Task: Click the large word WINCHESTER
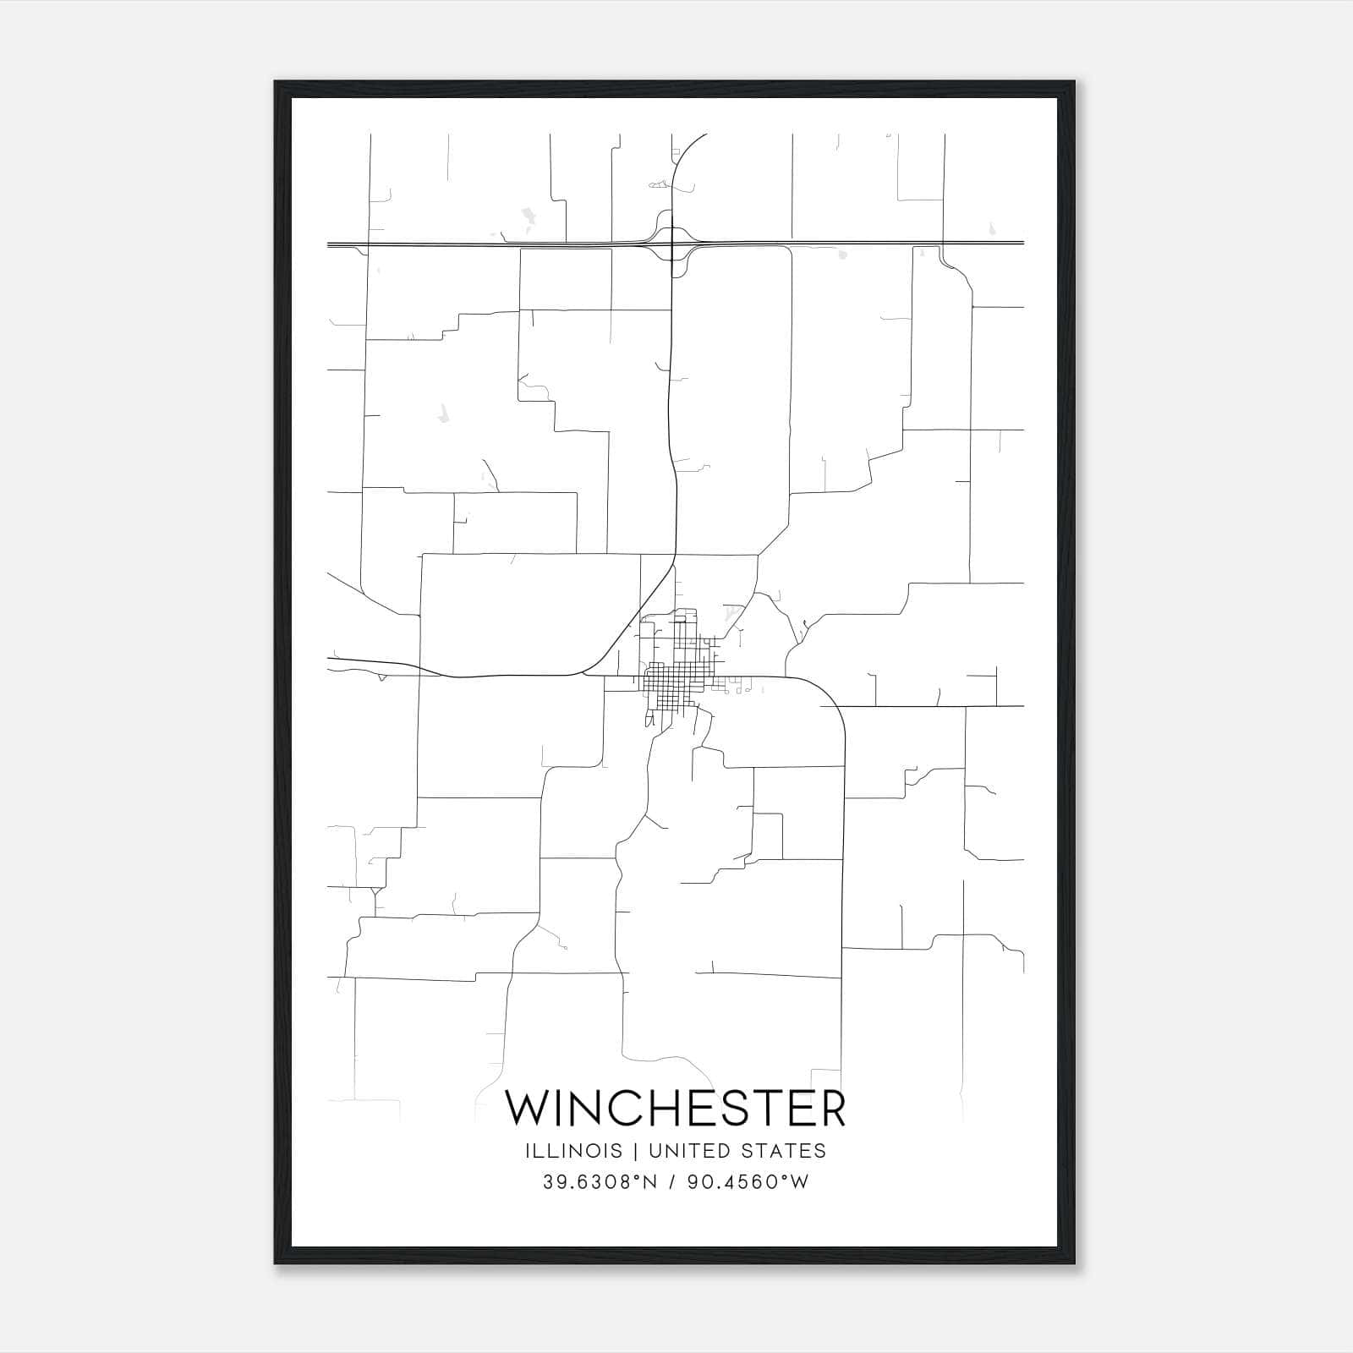click(675, 1109)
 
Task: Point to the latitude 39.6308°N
click(600, 1181)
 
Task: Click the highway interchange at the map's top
click(671, 244)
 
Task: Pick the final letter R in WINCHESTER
click(832, 1109)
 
